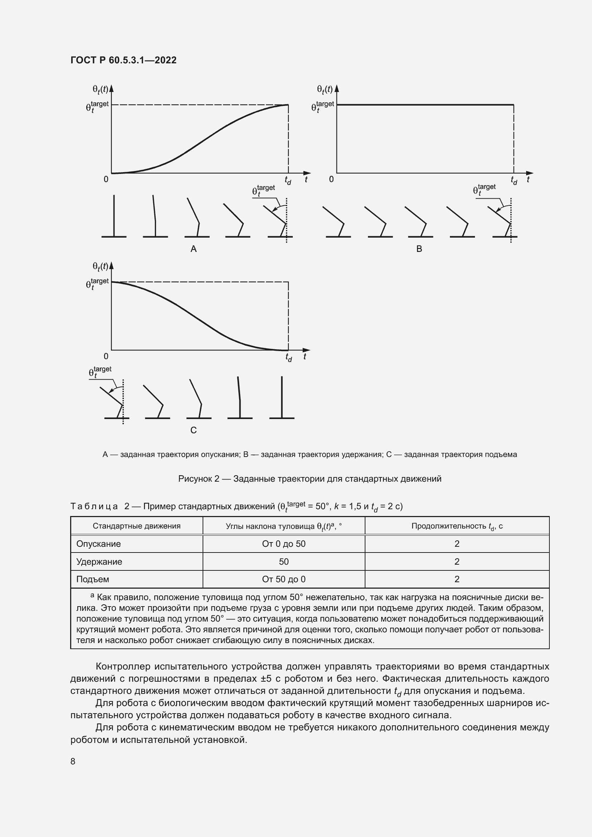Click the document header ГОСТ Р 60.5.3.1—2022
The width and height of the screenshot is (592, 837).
click(123, 60)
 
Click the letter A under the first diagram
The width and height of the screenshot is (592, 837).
click(194, 249)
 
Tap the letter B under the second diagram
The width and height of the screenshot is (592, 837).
click(419, 249)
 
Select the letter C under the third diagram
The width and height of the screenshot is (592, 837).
click(194, 430)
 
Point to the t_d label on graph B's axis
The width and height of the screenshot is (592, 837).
click(514, 180)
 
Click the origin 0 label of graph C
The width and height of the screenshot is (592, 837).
click(106, 356)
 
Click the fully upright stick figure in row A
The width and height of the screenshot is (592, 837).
click(114, 217)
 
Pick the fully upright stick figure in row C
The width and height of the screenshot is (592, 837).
click(282, 398)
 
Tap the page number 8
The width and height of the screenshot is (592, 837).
click(73, 761)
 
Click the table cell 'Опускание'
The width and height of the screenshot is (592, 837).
click(98, 544)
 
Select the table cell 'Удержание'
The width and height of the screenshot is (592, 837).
click(99, 561)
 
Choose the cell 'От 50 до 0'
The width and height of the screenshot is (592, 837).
click(283, 579)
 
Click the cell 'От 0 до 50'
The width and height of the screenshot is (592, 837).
click(283, 544)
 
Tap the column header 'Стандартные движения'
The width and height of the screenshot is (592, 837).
click(136, 526)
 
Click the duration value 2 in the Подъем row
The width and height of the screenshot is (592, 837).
click(457, 579)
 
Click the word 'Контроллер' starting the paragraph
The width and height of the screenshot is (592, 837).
click(122, 666)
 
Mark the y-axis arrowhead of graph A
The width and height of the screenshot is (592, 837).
click(112, 88)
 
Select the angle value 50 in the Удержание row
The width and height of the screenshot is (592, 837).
click(283, 561)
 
